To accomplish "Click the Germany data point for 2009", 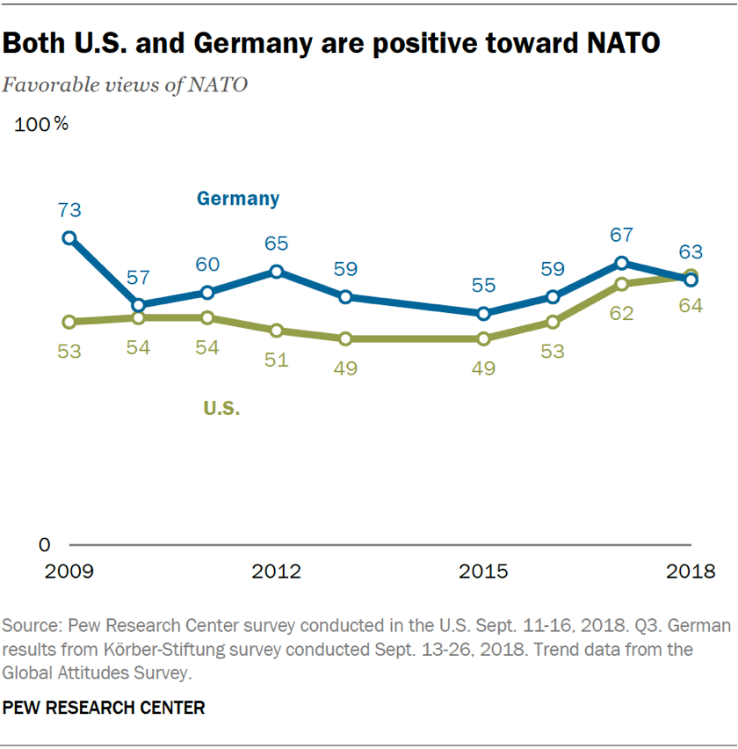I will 69,237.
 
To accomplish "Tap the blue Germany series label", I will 237,199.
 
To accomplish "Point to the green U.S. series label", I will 221,408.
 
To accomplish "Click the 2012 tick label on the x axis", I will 276,571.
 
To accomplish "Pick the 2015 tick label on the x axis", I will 483,571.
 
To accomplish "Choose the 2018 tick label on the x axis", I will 690,571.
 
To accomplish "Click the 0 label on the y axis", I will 44,545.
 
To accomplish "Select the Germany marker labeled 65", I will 276,272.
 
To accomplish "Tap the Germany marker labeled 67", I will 621,263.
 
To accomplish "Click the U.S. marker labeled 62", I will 621,284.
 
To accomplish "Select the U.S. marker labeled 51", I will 276,331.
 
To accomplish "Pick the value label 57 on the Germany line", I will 138,278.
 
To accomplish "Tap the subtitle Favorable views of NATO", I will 125,85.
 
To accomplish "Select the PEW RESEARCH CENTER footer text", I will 105,707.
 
